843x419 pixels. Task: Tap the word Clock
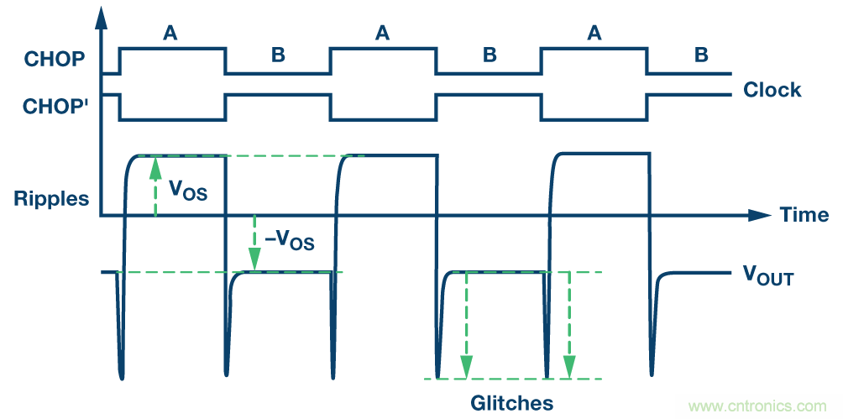(x=772, y=90)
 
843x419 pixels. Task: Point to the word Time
(x=804, y=215)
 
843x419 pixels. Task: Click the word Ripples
(x=51, y=199)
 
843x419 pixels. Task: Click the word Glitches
(x=512, y=401)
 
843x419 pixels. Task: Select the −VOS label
(x=289, y=241)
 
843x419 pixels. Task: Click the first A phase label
(x=170, y=33)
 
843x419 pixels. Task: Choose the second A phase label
(x=382, y=33)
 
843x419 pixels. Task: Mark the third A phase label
(x=594, y=33)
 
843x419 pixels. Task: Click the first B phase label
(x=278, y=55)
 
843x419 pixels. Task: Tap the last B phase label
(x=701, y=55)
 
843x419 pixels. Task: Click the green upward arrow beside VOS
(x=155, y=185)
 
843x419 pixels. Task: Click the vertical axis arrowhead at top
(x=102, y=13)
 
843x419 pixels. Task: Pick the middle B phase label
(x=490, y=55)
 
